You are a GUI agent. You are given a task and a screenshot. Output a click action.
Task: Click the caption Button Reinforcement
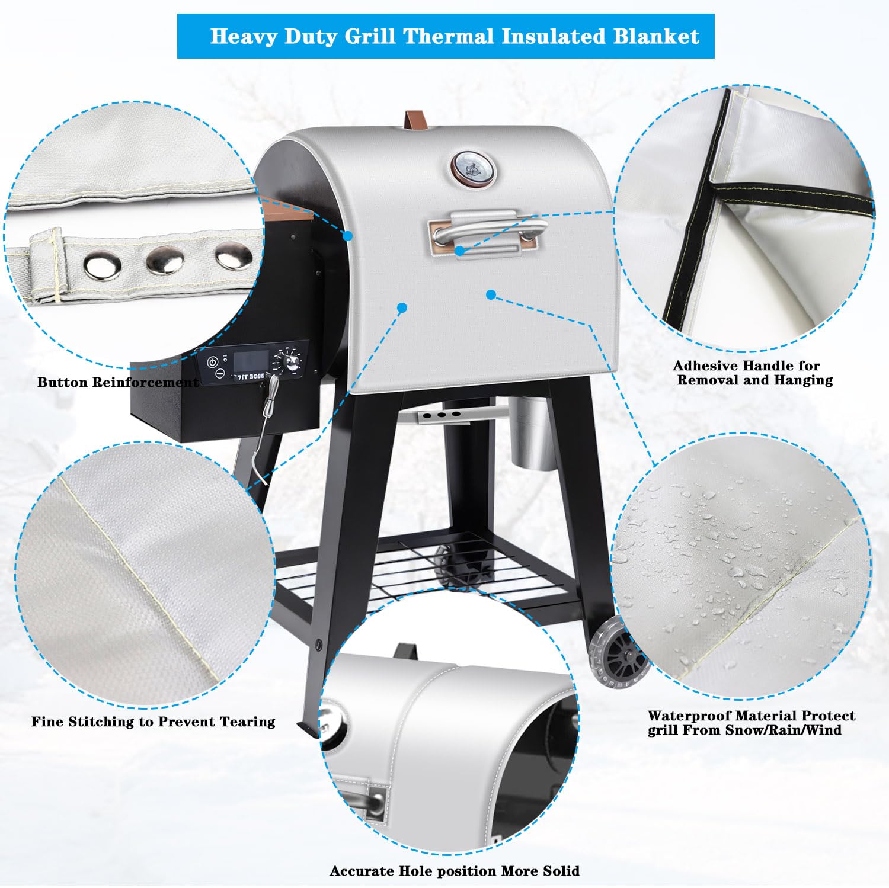pyautogui.click(x=119, y=382)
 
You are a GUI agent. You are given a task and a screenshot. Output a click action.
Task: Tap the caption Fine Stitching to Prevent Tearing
pyautogui.click(x=154, y=722)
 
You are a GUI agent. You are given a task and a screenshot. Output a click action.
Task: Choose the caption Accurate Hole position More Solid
pyautogui.click(x=455, y=871)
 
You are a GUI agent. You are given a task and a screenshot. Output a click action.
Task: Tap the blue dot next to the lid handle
pyautogui.click(x=461, y=251)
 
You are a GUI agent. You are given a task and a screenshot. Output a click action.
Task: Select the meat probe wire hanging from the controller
pyautogui.click(x=261, y=427)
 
